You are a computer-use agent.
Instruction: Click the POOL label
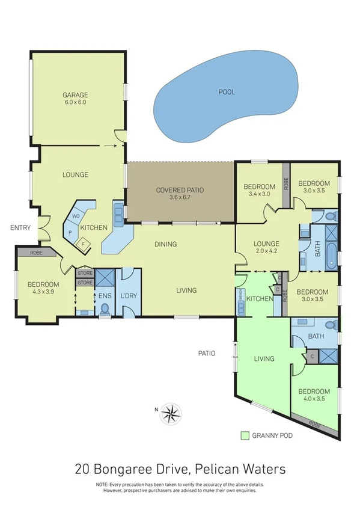[x=226, y=92]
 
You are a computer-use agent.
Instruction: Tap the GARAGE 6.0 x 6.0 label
[x=76, y=99]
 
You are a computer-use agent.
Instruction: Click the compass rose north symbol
[x=171, y=413]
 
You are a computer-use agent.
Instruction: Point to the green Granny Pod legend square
[x=245, y=435]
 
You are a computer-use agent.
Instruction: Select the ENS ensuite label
[x=105, y=297]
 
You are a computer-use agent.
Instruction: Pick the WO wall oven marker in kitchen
[x=76, y=216]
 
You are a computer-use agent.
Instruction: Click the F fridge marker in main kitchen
[x=84, y=244]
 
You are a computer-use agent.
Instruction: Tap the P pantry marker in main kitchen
[x=70, y=231]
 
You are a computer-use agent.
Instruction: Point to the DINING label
[x=165, y=244]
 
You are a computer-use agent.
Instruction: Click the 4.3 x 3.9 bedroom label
[x=43, y=288]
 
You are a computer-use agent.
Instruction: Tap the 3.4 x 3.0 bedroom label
[x=259, y=190]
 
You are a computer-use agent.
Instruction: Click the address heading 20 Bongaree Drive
[x=180, y=468]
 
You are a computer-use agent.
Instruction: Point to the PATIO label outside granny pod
[x=207, y=354]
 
